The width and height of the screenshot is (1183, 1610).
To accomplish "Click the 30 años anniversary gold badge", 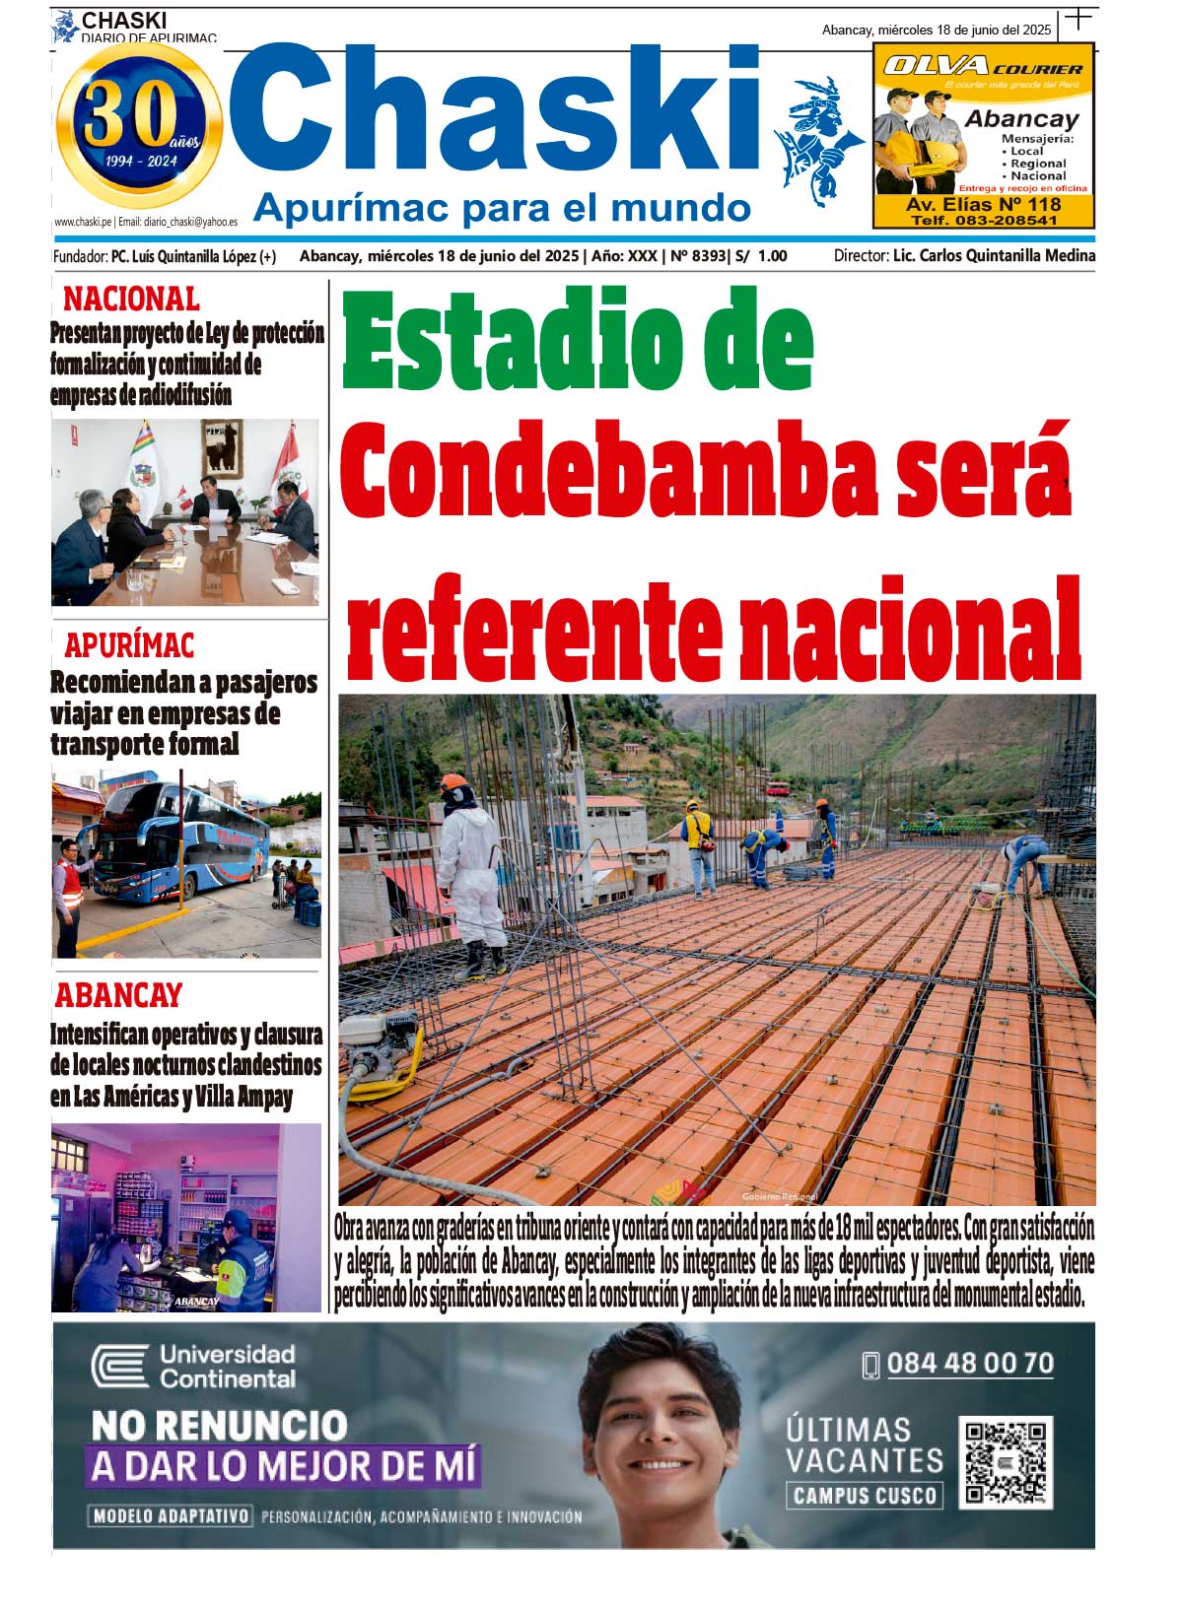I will (139, 124).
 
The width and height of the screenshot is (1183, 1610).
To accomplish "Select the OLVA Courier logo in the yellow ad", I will (982, 67).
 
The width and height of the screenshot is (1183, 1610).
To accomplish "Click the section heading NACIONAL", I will (131, 298).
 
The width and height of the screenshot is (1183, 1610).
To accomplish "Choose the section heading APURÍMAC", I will (129, 645).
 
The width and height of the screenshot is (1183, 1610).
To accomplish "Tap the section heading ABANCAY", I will (118, 995).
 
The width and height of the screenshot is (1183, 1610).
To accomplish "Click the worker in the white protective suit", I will (471, 872).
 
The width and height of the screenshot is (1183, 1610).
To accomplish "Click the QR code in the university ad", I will (1005, 1462).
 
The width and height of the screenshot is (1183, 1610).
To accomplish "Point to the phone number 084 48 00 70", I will (969, 1364).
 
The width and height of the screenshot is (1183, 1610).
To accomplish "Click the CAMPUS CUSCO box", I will (864, 1496).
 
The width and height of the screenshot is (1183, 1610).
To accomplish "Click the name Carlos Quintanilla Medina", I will (1007, 256).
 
